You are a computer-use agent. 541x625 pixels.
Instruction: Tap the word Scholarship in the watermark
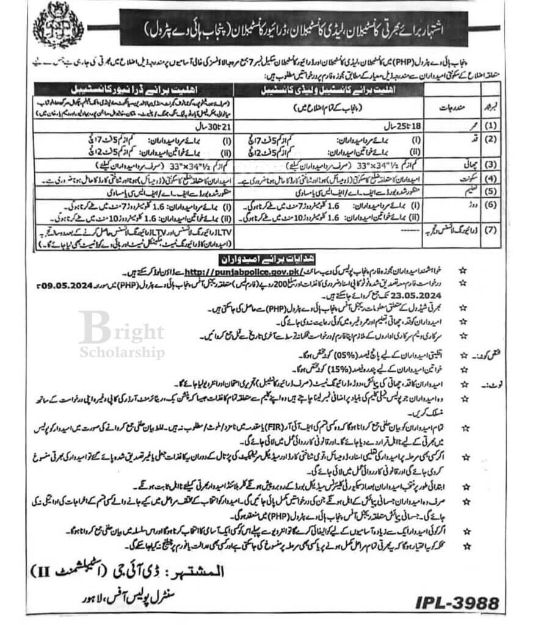pos(122,352)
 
